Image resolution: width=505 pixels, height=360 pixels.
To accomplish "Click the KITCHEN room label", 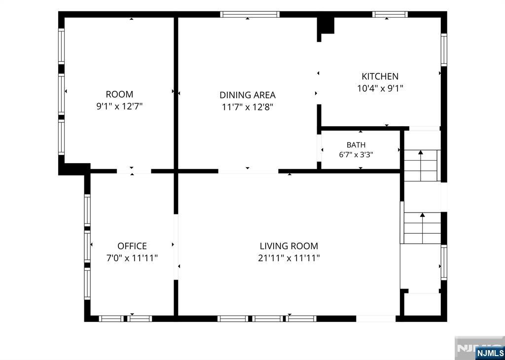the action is (x=380, y=76).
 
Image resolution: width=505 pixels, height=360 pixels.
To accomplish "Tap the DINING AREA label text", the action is (x=248, y=95).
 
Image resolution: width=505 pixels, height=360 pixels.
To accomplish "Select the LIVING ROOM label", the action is (x=289, y=246).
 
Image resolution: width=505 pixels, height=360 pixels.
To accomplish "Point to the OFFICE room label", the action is (x=132, y=246).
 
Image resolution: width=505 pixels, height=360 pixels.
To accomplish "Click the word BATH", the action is (x=356, y=145).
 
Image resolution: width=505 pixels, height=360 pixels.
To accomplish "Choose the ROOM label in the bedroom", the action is (x=119, y=94).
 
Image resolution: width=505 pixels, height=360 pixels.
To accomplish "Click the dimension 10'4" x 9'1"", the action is (x=380, y=88).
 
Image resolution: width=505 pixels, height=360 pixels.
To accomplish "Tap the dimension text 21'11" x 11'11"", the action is (x=289, y=258).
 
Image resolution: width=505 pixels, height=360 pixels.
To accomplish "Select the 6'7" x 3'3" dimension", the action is (x=356, y=155).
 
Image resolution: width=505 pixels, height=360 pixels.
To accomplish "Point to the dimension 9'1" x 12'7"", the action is (x=119, y=106).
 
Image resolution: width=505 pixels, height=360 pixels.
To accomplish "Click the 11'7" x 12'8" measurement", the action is (x=248, y=107).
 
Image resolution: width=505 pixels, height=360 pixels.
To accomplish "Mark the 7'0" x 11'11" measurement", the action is (x=132, y=258).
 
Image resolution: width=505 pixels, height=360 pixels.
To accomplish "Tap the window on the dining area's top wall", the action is (x=250, y=14).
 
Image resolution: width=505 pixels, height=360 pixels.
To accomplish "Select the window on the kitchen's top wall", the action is (x=390, y=14).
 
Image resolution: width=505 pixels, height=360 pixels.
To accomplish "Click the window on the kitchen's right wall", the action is (x=444, y=50).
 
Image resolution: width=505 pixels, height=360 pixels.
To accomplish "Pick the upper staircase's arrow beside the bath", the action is (x=421, y=165).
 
